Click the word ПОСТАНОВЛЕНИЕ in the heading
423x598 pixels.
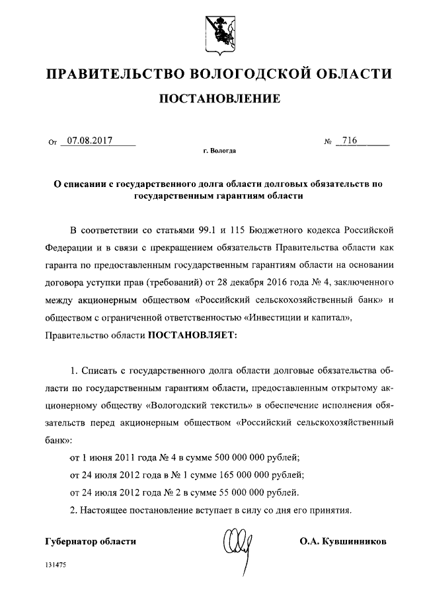coord(218,99)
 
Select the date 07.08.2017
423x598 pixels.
coord(89,140)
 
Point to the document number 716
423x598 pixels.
coord(350,140)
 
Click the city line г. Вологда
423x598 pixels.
coord(219,151)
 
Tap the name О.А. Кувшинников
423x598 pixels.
coord(342,541)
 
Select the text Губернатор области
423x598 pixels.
coord(91,541)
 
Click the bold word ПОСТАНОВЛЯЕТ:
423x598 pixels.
coord(190,335)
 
